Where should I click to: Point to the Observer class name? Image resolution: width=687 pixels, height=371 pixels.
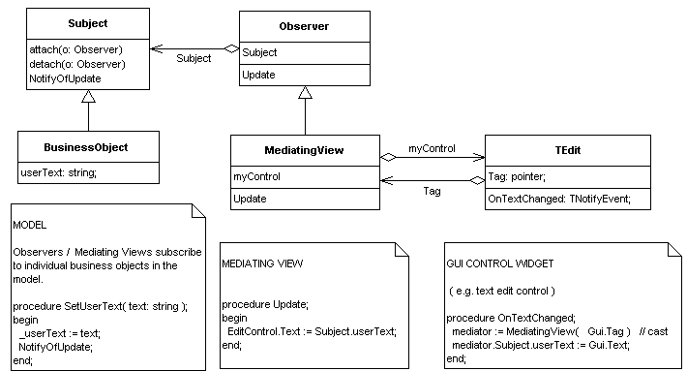304,27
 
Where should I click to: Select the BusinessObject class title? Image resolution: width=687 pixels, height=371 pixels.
88,148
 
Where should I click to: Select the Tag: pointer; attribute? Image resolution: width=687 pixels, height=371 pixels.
523,176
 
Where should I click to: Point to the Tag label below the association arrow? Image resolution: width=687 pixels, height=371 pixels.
432,192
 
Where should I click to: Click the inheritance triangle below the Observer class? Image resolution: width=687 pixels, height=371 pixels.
305,93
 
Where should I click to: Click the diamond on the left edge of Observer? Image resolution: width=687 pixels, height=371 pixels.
231,47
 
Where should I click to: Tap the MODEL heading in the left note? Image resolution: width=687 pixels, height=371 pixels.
31,225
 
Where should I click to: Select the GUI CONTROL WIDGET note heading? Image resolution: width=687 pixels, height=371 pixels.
500,263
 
